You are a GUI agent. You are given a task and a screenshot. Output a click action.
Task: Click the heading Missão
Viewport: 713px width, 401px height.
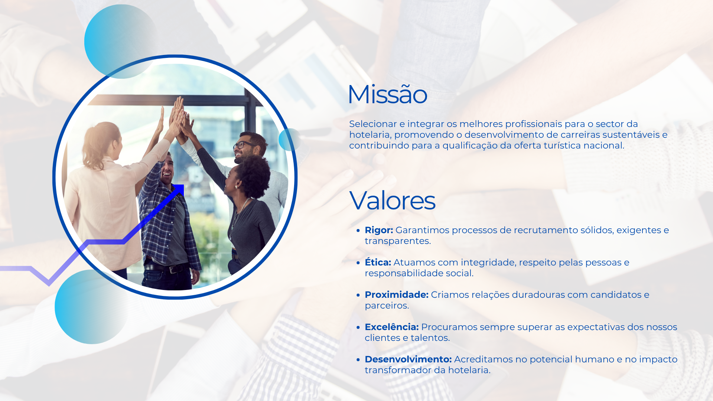pos(387,94)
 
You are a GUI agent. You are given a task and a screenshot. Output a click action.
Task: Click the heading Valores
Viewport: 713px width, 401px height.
pos(392,200)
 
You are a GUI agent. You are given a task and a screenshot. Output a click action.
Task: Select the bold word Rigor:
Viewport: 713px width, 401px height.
pos(379,230)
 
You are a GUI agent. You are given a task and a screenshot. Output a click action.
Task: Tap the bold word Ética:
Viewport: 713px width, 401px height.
pos(378,262)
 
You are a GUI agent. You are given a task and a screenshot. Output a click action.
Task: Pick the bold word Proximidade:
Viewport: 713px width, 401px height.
pos(397,295)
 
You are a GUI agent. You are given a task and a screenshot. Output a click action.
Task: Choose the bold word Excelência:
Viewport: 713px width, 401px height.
pos(392,327)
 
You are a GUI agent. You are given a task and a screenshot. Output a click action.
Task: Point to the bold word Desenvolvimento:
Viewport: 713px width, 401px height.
pos(408,359)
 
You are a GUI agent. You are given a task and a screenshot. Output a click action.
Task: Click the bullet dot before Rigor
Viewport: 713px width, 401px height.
pos(358,231)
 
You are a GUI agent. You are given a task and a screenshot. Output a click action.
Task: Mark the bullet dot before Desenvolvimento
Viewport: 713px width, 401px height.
pos(358,360)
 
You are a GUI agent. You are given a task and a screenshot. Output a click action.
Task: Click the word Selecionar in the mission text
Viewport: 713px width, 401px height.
pos(373,124)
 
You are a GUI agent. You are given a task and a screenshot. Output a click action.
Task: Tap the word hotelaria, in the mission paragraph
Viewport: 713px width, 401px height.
pos(371,135)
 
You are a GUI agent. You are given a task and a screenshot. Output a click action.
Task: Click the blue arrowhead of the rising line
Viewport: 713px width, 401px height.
pos(179,189)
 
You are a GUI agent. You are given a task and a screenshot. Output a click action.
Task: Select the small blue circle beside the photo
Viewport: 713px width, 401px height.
pos(290,140)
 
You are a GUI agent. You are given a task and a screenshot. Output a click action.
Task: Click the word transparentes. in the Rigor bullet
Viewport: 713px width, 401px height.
pos(398,241)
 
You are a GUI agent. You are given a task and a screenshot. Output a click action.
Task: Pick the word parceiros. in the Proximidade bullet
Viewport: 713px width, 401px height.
pos(387,306)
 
